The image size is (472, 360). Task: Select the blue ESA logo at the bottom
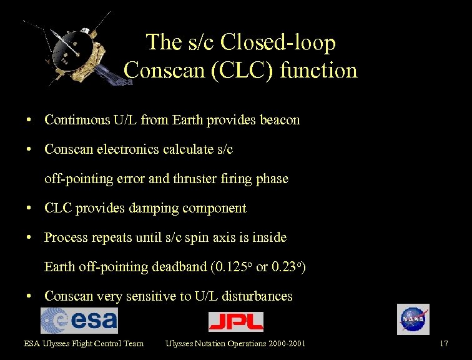click(79, 320)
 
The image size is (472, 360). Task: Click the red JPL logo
click(236, 321)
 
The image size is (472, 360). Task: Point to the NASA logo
click(413, 319)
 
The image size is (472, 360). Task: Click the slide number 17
click(444, 343)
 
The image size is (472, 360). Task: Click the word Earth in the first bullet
click(189, 120)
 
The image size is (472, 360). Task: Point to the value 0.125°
click(232, 267)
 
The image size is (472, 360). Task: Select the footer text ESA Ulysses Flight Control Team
click(84, 343)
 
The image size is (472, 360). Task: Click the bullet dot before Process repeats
click(29, 237)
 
